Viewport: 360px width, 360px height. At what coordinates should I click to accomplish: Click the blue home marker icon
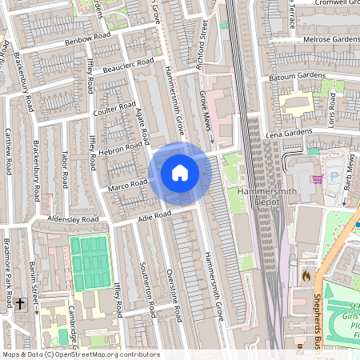click(x=180, y=173)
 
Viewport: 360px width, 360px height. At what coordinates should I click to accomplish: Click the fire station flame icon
click(x=306, y=275)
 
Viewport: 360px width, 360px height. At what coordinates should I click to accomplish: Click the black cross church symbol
click(x=20, y=305)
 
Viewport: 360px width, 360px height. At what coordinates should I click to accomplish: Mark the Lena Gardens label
click(x=287, y=134)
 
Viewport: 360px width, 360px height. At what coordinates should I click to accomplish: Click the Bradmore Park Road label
click(x=8, y=276)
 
